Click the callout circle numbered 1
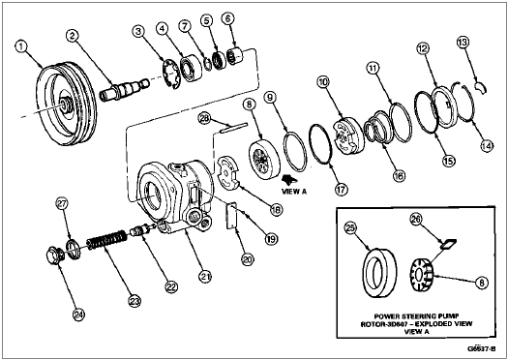pos(21,46)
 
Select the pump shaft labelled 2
pos(124,88)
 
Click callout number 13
pos(463,42)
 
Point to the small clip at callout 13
pos(481,87)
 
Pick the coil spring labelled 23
pos(106,241)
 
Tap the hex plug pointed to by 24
pos(54,255)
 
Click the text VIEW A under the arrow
pos(294,192)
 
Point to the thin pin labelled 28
pos(233,128)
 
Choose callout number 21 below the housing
pos(205,277)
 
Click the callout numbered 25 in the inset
pos(351,227)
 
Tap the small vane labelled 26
pos(448,244)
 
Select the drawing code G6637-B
pos(482,348)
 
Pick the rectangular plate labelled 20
pos(231,216)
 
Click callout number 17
pos(342,190)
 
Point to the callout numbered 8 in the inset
pos(482,283)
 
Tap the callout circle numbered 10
pos(323,82)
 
